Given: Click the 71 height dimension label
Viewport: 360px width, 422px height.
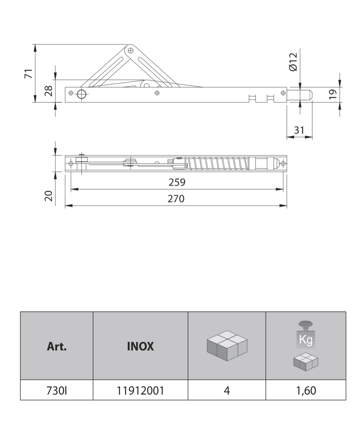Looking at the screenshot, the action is (29, 74).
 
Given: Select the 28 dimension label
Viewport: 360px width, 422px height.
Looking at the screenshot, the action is (49, 91).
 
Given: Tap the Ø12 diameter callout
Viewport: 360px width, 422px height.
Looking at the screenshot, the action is (293, 62).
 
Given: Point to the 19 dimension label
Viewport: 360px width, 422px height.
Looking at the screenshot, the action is (333, 94).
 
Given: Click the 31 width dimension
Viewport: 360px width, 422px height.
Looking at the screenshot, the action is (299, 130).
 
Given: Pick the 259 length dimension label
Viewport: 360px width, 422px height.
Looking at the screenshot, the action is (177, 182).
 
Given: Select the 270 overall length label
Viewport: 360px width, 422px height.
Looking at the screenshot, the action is (176, 199).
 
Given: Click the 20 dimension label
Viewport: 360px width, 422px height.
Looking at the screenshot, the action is (49, 196).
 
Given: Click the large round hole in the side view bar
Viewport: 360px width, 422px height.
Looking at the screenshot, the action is (82, 94).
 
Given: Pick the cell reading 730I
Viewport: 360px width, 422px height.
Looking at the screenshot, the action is (57, 391).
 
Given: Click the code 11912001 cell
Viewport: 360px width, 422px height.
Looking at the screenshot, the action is (140, 391).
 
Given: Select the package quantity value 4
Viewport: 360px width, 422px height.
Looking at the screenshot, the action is (227, 391).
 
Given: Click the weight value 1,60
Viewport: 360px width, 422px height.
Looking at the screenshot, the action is (306, 391).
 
